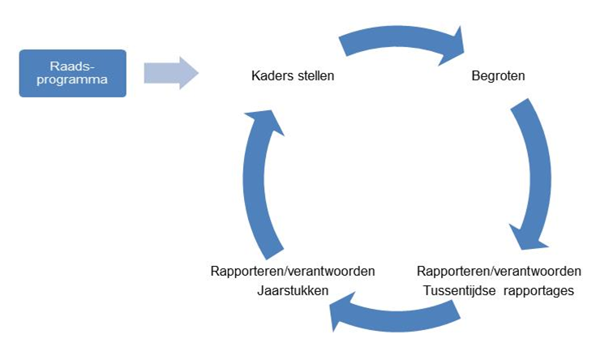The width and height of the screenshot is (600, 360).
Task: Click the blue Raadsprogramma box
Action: pyautogui.click(x=72, y=74)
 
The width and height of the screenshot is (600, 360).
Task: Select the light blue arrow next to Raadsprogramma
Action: pyautogui.click(x=170, y=73)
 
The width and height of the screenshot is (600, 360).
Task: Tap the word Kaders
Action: pyautogui.click(x=272, y=77)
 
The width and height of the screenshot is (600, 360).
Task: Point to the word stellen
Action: pyautogui.click(x=314, y=77)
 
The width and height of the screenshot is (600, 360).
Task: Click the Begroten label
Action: pyautogui.click(x=498, y=77)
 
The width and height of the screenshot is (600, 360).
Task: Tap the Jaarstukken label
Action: pyautogui.click(x=292, y=289)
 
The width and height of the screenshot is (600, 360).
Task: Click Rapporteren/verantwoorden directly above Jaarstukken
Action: pyautogui.click(x=292, y=271)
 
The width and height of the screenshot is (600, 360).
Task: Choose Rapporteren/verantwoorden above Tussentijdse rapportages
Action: pyautogui.click(x=499, y=271)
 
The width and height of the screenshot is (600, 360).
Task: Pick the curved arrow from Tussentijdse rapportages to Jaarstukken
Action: pyautogui.click(x=405, y=316)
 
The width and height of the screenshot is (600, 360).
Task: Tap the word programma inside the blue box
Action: pyautogui.click(x=72, y=81)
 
